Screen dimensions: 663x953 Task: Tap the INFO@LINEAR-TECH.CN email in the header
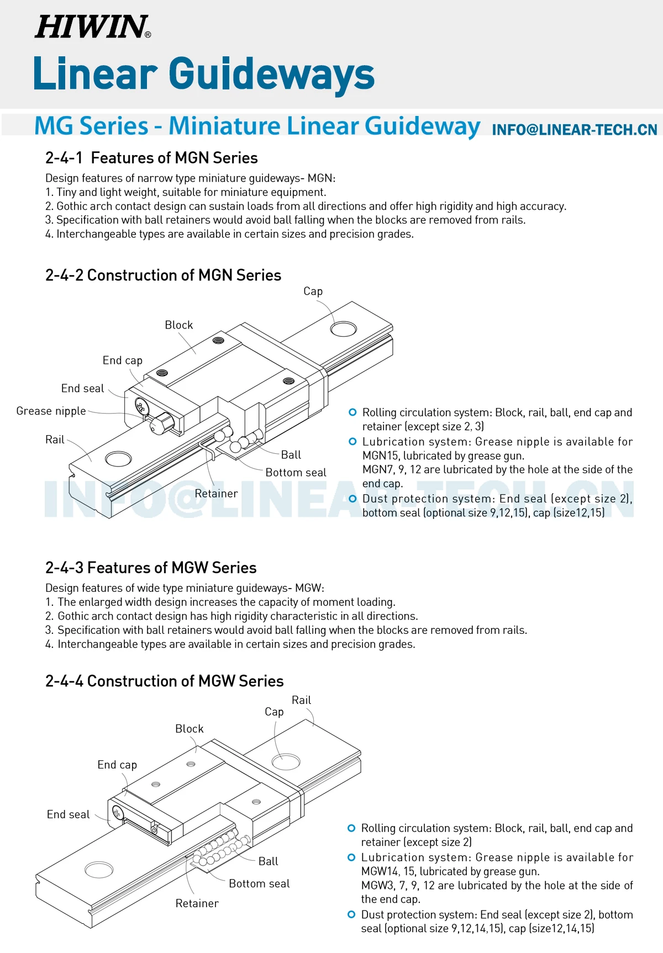pos(574,130)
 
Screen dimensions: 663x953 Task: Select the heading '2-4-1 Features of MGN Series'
pos(151,158)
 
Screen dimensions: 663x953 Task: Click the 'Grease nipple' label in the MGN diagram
pos(51,411)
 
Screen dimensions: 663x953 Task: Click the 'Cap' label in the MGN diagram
pos(313,291)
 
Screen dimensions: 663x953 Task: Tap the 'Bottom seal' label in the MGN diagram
pos(296,473)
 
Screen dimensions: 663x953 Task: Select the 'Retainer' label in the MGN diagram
pos(216,494)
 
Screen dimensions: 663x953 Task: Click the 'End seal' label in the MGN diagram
pos(82,388)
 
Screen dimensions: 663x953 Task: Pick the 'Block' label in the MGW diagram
pos(189,729)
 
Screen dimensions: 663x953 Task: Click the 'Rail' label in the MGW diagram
pos(301,700)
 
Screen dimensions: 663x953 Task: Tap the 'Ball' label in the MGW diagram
pos(268,861)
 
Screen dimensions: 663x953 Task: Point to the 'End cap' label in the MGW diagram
pos(117,765)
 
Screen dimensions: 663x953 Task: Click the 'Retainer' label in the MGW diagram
pos(197,903)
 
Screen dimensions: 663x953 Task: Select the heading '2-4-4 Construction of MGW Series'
pos(164,681)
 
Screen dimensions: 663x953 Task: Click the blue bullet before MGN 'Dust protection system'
pos(352,499)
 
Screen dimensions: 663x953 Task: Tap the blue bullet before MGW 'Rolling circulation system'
pos(351,828)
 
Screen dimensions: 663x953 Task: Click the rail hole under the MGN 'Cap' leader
pos(343,329)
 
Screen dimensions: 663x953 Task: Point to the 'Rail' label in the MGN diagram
pos(55,440)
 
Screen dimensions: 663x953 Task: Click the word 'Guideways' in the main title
pos(271,74)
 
